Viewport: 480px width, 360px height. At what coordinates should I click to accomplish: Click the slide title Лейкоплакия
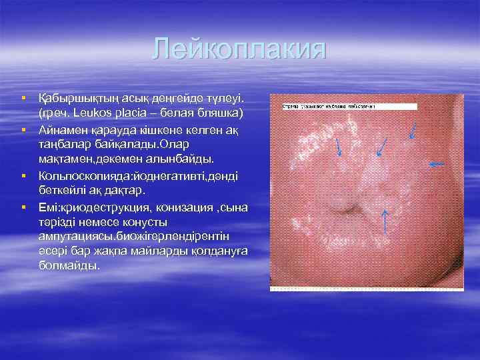click(x=239, y=50)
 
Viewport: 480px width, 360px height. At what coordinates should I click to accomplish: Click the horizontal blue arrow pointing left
click(x=437, y=163)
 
